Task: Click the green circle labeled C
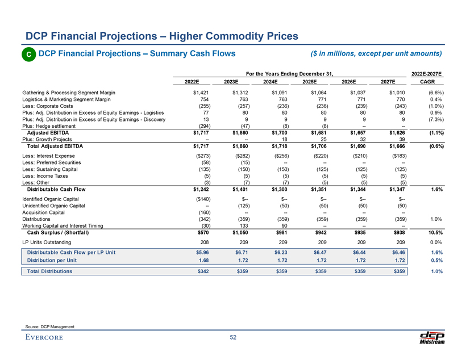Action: pos(27,55)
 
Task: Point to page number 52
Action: pos(233,338)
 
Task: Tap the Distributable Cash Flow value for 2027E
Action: pos(394,189)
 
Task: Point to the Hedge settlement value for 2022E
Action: pos(200,125)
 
